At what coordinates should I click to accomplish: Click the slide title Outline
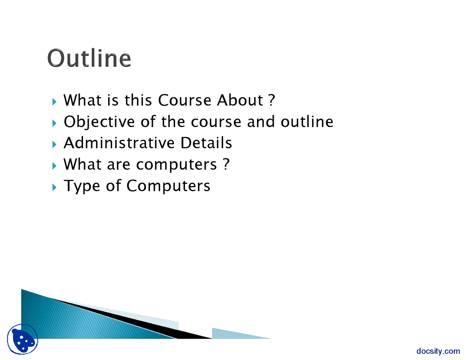point(89,58)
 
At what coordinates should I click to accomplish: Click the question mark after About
point(272,100)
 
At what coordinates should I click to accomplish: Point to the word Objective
point(99,122)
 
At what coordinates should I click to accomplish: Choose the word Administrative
point(119,143)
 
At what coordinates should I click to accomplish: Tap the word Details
point(206,143)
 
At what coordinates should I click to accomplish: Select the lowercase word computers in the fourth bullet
point(177,165)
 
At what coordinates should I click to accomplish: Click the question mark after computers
point(226,164)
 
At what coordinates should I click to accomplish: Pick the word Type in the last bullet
point(82,186)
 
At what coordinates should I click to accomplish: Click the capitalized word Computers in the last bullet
point(168,186)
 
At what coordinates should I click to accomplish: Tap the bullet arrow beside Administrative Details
point(54,144)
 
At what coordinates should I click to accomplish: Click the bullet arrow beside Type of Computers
point(54,187)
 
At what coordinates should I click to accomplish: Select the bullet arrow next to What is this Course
point(54,102)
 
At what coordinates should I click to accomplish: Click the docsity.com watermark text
point(438,351)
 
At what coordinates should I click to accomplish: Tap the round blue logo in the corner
point(23,339)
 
